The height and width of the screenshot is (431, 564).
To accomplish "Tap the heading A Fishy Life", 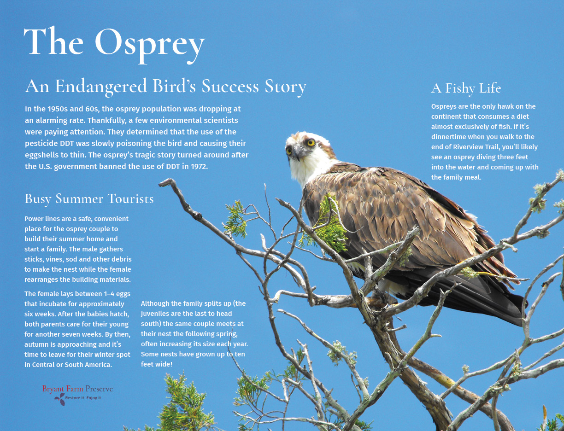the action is (x=466, y=88).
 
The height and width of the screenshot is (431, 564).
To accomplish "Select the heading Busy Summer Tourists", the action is (x=89, y=199).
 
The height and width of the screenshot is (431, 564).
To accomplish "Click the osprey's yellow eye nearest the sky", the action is (x=311, y=142).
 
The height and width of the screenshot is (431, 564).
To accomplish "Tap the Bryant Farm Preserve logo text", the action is (x=77, y=389).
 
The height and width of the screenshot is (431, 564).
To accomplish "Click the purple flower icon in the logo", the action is (x=59, y=399).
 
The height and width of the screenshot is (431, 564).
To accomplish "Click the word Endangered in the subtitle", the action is (x=101, y=87).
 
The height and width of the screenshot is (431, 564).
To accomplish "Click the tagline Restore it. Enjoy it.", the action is (x=83, y=398).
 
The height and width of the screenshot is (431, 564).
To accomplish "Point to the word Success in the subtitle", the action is (x=230, y=87).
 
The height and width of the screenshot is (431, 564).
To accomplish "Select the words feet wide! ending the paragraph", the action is (x=157, y=365).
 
